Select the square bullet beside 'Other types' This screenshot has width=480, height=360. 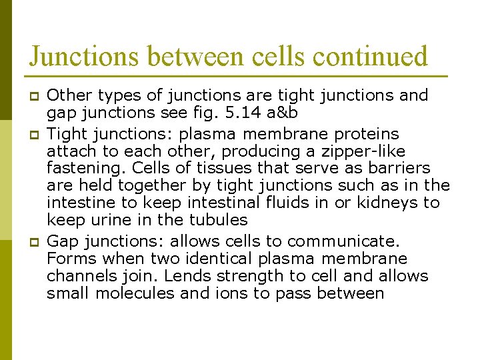point(31,97)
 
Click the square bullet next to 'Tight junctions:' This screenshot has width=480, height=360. point(31,135)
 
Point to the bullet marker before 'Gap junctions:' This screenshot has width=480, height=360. point(31,241)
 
